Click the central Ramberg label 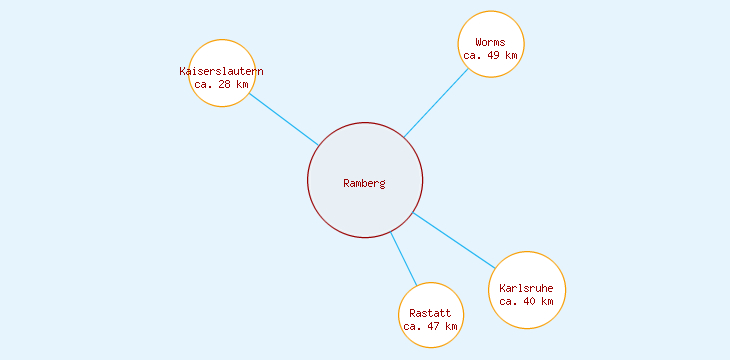364,183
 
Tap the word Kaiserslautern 221,71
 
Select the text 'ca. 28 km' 221,84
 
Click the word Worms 490,42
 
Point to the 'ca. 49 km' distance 490,55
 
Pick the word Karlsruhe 526,288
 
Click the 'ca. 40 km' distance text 526,301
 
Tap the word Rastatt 430,313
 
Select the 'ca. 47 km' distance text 430,326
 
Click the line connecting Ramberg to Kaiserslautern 283,119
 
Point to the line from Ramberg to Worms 436,102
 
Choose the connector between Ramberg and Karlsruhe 453,239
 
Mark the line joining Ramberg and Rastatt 403,259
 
